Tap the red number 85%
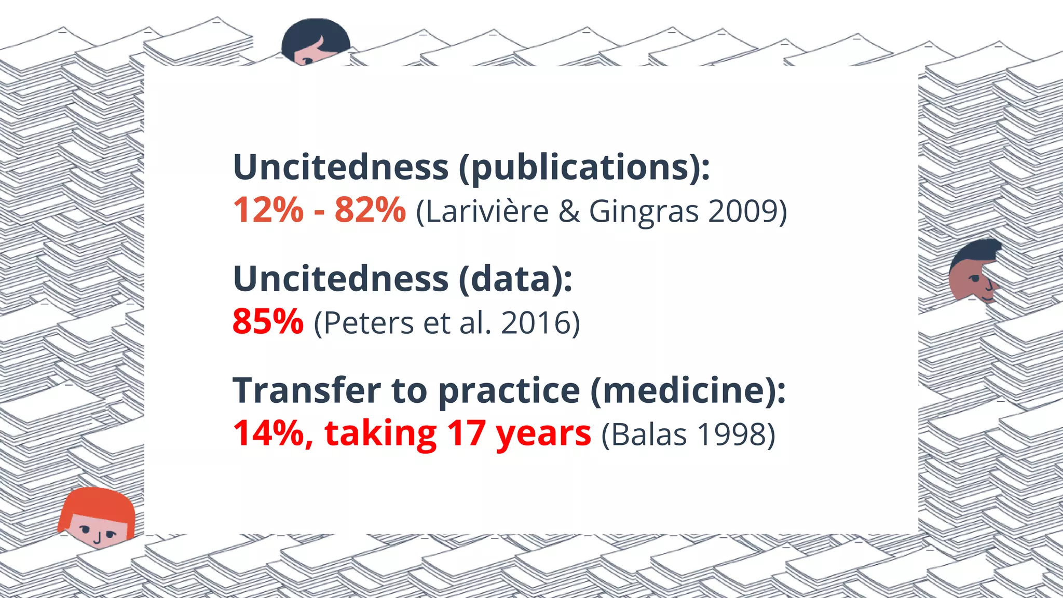(268, 321)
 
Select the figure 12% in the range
(268, 210)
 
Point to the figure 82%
(370, 210)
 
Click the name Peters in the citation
(368, 323)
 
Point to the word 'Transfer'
(306, 390)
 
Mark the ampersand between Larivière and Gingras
(569, 212)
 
